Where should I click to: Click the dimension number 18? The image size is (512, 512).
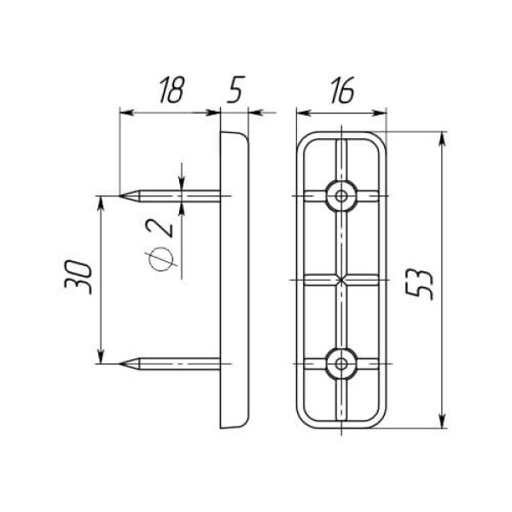tap(172, 90)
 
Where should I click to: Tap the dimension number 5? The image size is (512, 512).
tap(236, 90)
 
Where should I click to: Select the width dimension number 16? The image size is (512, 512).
tap(342, 90)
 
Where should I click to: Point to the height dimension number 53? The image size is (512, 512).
tap(419, 284)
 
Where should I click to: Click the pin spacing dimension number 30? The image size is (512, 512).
tap(79, 276)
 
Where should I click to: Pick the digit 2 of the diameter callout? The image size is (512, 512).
tap(160, 228)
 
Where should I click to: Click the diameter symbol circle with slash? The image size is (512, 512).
tap(160, 259)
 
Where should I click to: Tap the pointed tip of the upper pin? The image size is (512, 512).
tap(119, 195)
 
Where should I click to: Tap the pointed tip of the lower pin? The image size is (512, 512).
tap(119, 364)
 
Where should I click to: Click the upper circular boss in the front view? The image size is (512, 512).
tap(341, 196)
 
